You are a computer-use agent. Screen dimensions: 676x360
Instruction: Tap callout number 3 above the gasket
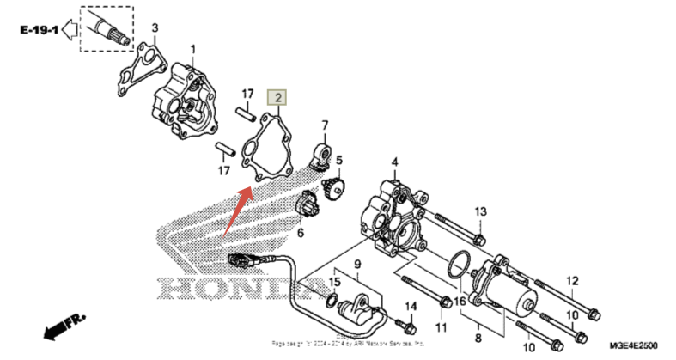coord(155,29)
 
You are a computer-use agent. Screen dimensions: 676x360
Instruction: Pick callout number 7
coord(326,126)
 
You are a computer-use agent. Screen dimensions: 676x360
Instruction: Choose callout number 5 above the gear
coord(339,160)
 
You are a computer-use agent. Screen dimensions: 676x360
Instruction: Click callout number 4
coord(395,162)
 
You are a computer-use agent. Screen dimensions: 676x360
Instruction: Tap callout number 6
coord(301,233)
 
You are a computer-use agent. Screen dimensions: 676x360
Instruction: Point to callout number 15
coord(335,281)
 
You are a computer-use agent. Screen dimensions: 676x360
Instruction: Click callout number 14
coord(411,307)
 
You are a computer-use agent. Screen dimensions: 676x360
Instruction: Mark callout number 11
coord(441,327)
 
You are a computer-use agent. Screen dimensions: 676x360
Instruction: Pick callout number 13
coord(481,211)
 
